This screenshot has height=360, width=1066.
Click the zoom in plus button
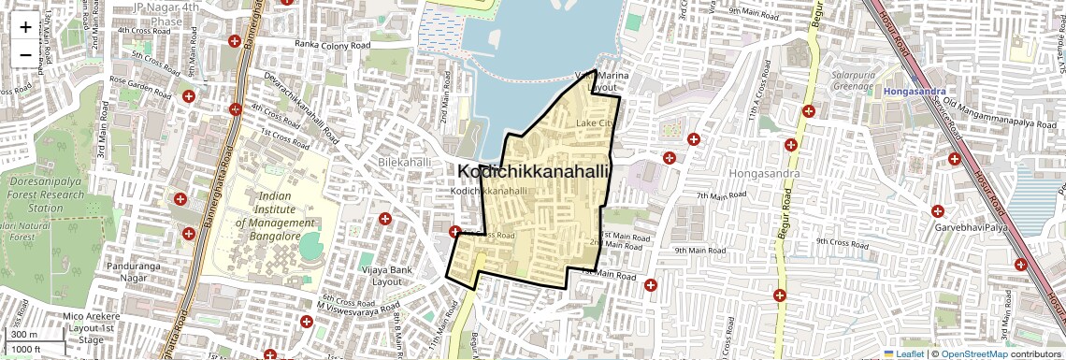click(25, 26)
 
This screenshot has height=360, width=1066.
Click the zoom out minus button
click(25, 54)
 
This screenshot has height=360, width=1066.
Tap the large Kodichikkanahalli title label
click(533, 172)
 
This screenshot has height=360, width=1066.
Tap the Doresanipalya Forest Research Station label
click(45, 194)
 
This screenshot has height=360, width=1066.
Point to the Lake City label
click(596, 123)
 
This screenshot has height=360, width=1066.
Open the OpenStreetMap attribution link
click(973, 353)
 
